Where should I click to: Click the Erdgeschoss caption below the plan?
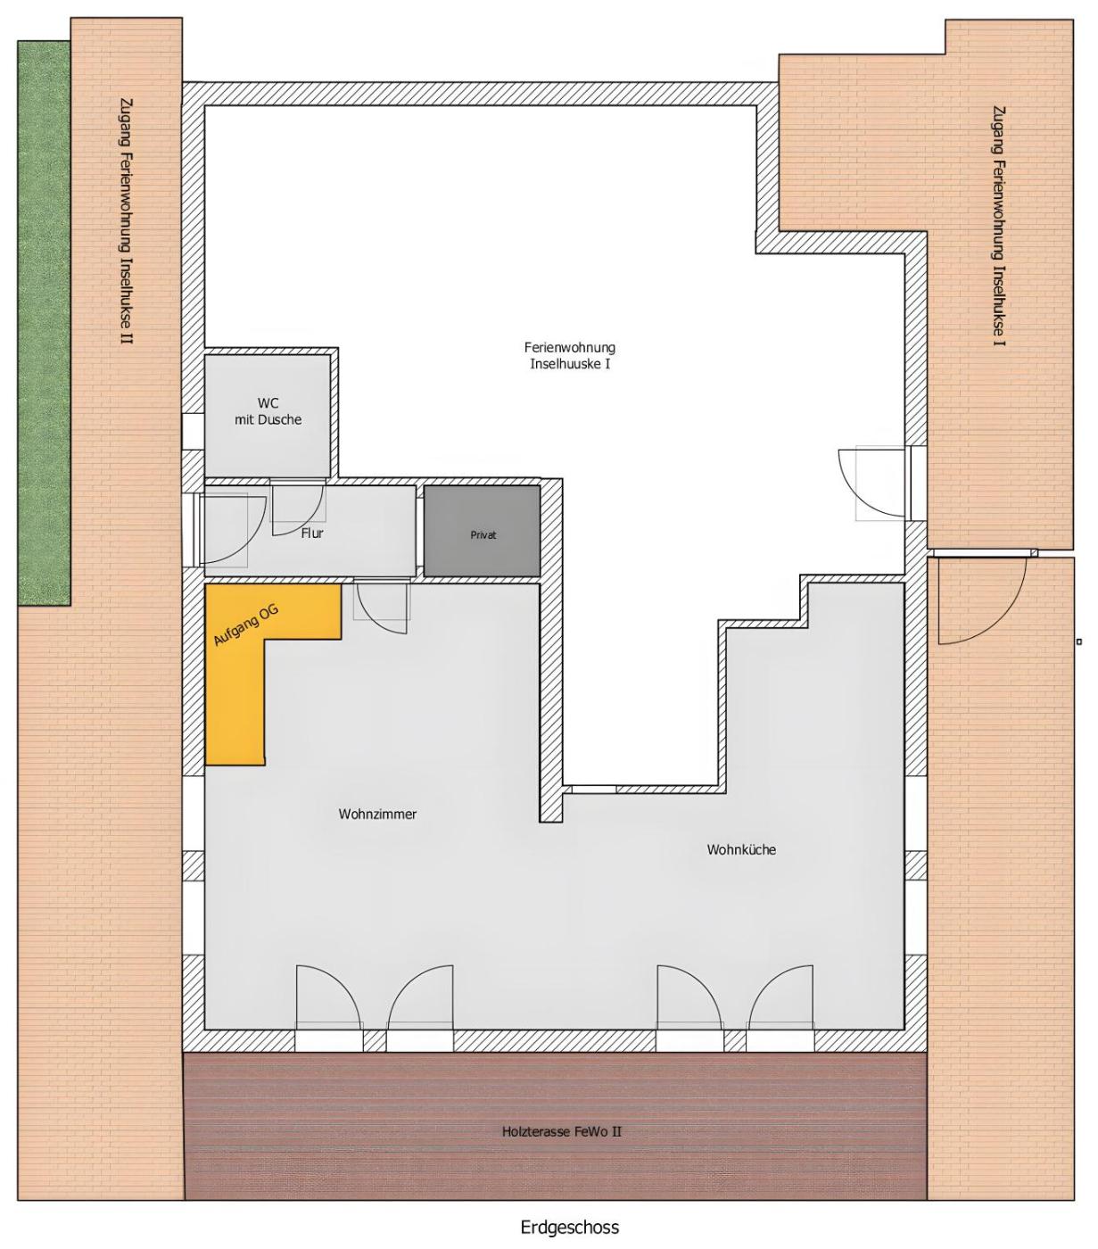pos(570,1227)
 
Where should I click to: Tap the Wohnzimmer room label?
pos(377,815)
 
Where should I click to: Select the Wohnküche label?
pos(741,850)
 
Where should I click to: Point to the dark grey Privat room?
pos(483,532)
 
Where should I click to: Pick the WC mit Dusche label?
pos(268,411)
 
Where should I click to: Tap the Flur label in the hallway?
pos(312,534)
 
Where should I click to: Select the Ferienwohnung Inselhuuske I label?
pos(570,356)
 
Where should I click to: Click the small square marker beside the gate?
pos(1079,641)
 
